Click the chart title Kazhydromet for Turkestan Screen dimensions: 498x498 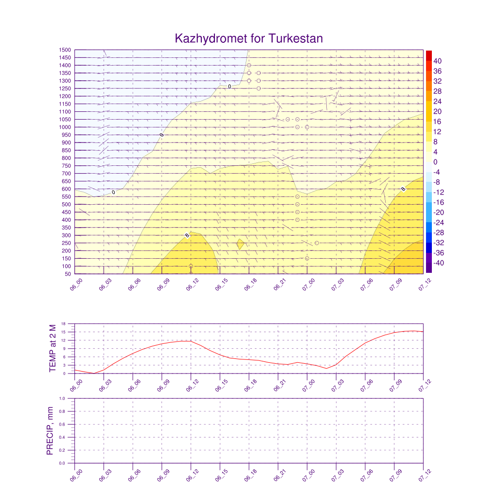point(249,38)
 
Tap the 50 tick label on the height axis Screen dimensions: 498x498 point(68,274)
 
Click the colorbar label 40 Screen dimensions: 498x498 point(438,61)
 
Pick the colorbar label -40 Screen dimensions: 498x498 point(437,263)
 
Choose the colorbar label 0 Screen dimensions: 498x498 point(436,162)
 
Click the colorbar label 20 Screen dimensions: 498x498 point(438,111)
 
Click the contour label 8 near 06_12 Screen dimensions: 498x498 point(187,236)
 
